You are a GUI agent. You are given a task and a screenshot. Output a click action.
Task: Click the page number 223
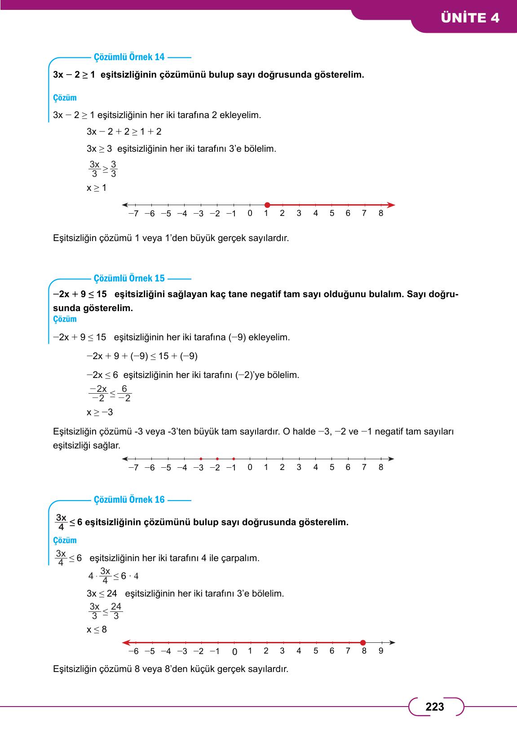[x=434, y=707]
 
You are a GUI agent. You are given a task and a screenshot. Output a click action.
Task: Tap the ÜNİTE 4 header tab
[x=470, y=18]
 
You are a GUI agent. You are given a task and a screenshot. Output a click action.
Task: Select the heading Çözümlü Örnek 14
[x=129, y=57]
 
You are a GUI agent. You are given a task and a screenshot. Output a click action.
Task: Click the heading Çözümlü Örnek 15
[x=129, y=278]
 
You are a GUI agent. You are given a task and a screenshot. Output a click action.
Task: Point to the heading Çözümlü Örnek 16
[x=129, y=500]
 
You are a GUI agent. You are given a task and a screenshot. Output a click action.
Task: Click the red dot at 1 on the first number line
[x=267, y=205]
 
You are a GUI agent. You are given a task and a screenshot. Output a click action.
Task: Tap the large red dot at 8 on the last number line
[x=363, y=642]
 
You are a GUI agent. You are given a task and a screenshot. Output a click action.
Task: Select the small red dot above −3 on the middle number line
[x=201, y=459]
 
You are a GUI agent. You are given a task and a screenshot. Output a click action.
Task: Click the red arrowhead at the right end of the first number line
[x=392, y=205]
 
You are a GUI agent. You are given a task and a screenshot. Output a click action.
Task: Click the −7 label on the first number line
[x=133, y=214]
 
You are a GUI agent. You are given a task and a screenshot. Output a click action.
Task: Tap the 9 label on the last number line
[x=381, y=651]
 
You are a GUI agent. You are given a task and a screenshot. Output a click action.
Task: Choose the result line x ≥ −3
[x=100, y=412]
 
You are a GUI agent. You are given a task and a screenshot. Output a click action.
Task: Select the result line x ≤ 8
[x=97, y=629]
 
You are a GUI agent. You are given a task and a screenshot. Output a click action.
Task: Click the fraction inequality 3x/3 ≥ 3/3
[x=103, y=169]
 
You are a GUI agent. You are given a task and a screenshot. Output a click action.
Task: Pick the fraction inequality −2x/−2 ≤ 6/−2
[x=110, y=394]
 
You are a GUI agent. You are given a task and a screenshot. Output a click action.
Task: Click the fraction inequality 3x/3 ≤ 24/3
[x=106, y=611]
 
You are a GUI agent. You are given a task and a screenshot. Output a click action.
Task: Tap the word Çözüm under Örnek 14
[x=65, y=98]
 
